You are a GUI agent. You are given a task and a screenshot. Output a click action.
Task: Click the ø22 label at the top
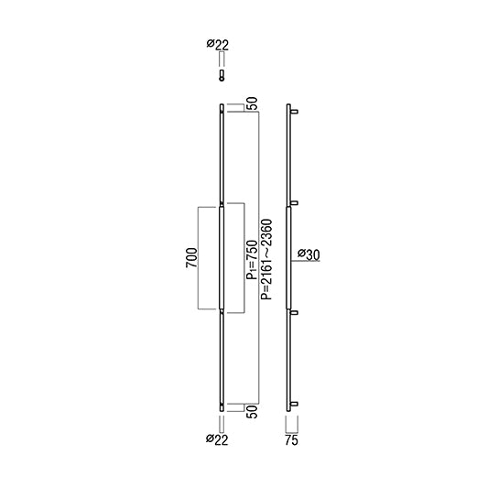[218, 45]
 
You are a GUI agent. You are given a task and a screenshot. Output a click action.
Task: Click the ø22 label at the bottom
[217, 439]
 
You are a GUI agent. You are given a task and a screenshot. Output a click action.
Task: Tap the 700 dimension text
[192, 258]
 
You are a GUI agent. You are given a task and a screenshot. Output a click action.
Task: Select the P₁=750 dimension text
[252, 260]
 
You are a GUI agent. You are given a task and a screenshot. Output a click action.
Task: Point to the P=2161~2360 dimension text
[266, 259]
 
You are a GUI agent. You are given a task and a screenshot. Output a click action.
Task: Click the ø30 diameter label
[309, 254]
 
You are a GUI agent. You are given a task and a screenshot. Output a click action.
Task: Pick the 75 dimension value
[291, 440]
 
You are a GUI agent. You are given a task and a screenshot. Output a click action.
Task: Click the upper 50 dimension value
[252, 103]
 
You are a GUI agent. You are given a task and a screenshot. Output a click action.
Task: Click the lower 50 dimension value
[252, 411]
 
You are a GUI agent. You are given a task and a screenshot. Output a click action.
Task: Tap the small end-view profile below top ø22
[222, 75]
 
